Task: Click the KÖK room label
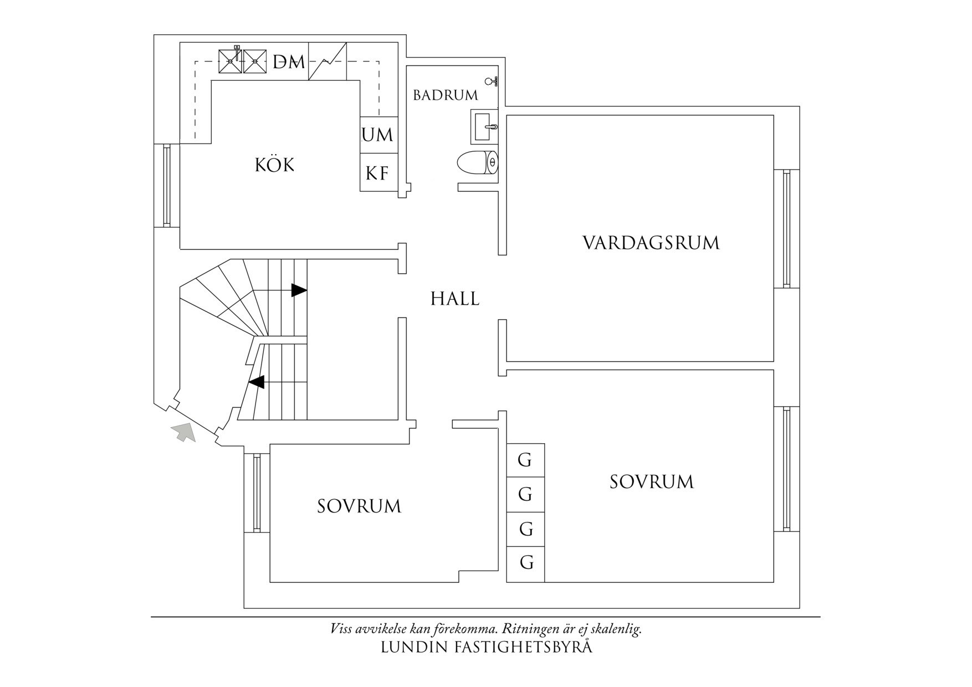point(274,165)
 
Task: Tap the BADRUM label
point(446,95)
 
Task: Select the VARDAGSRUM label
point(651,243)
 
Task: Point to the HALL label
point(455,299)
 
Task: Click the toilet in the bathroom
point(477,163)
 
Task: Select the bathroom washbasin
point(485,126)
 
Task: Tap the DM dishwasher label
point(289,61)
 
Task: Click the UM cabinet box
point(378,135)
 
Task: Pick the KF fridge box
point(378,173)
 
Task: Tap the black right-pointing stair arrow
point(299,290)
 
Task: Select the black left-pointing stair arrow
point(256,382)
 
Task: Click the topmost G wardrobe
point(525,460)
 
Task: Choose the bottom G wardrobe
point(525,563)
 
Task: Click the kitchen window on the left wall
point(166,185)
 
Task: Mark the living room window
point(786,228)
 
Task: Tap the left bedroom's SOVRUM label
point(359,506)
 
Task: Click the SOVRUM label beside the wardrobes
point(652,481)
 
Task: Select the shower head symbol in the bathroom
point(491,82)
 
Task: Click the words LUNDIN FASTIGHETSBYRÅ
point(486,647)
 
